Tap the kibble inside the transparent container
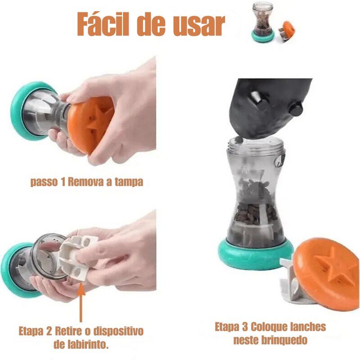click(x=254, y=211)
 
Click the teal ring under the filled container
click(x=254, y=254)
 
